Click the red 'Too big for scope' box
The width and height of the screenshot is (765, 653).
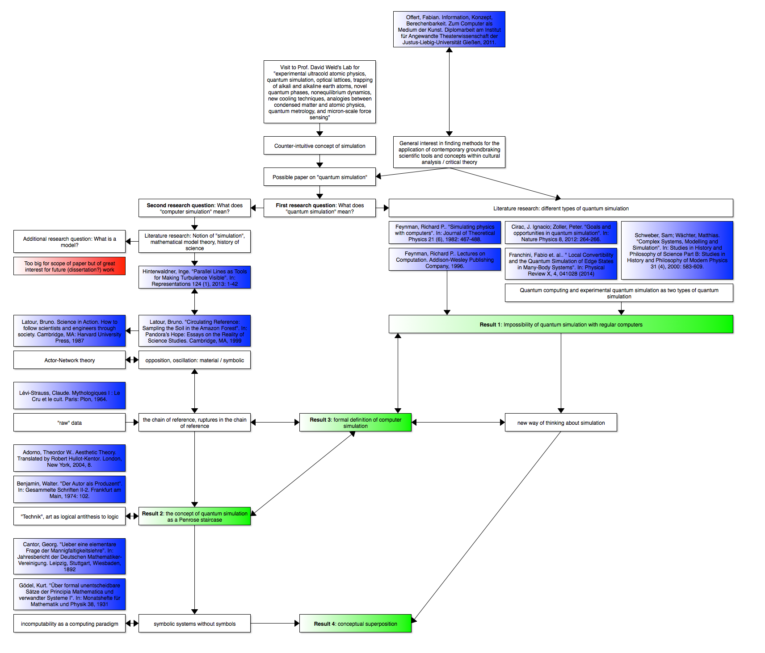point(69,266)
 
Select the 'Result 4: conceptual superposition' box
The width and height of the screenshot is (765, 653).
point(355,624)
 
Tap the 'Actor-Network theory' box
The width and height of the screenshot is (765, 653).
point(69,360)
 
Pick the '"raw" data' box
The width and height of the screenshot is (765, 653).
point(69,423)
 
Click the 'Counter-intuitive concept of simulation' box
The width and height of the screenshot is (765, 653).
point(319,146)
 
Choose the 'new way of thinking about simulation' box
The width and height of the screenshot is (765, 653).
point(561,423)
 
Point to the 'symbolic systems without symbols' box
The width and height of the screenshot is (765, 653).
point(194,624)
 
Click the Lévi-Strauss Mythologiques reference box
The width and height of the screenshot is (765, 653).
point(69,396)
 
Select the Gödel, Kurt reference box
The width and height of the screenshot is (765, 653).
point(69,594)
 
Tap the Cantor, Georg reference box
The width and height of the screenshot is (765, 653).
point(69,557)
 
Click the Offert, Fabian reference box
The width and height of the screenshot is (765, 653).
point(449,29)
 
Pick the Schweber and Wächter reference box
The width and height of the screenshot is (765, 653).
point(677,251)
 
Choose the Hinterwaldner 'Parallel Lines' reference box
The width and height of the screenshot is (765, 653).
point(194,277)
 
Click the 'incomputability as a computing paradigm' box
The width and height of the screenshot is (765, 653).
point(69,624)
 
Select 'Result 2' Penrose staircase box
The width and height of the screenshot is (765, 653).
point(194,516)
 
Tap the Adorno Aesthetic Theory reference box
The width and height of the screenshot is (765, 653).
point(69,458)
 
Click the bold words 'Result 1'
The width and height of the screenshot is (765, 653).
point(491,325)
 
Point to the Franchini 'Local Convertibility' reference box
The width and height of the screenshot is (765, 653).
point(561,264)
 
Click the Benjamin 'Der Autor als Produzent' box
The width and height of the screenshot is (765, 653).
point(69,490)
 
